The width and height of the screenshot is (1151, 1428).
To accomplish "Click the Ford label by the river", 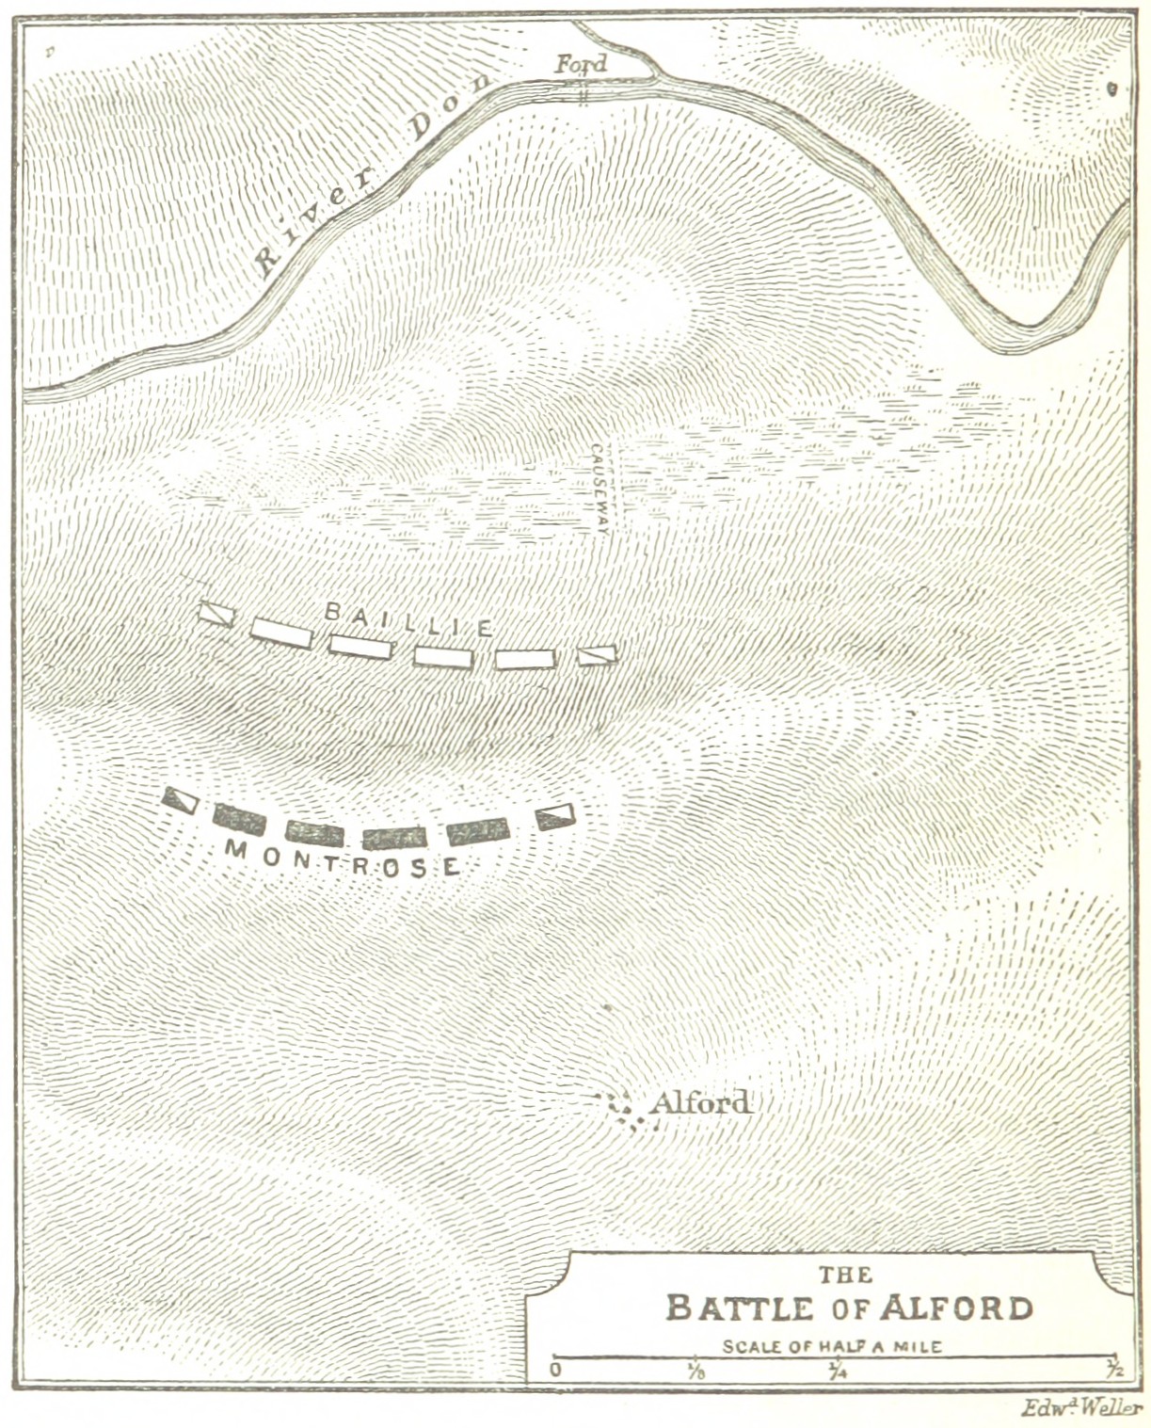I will point(581,64).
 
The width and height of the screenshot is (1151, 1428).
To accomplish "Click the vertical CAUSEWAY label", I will point(599,489).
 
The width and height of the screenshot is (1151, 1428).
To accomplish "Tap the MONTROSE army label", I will point(343,858).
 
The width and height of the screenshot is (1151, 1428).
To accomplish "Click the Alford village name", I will point(700,1102).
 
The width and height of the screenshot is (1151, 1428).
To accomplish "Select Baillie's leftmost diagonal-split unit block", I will point(216,614).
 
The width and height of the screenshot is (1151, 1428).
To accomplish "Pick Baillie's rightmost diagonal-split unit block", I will point(596,654).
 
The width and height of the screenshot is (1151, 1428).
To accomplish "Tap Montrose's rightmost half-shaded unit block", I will point(555,816).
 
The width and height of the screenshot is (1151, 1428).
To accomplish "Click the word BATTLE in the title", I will point(739,1308).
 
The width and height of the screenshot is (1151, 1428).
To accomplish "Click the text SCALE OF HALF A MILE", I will point(832,1346).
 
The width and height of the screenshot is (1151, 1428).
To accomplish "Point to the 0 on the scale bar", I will point(556,1370).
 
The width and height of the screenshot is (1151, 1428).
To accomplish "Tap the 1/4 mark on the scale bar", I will point(835,1370).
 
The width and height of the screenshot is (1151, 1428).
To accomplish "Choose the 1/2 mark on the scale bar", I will point(1114,1370).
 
